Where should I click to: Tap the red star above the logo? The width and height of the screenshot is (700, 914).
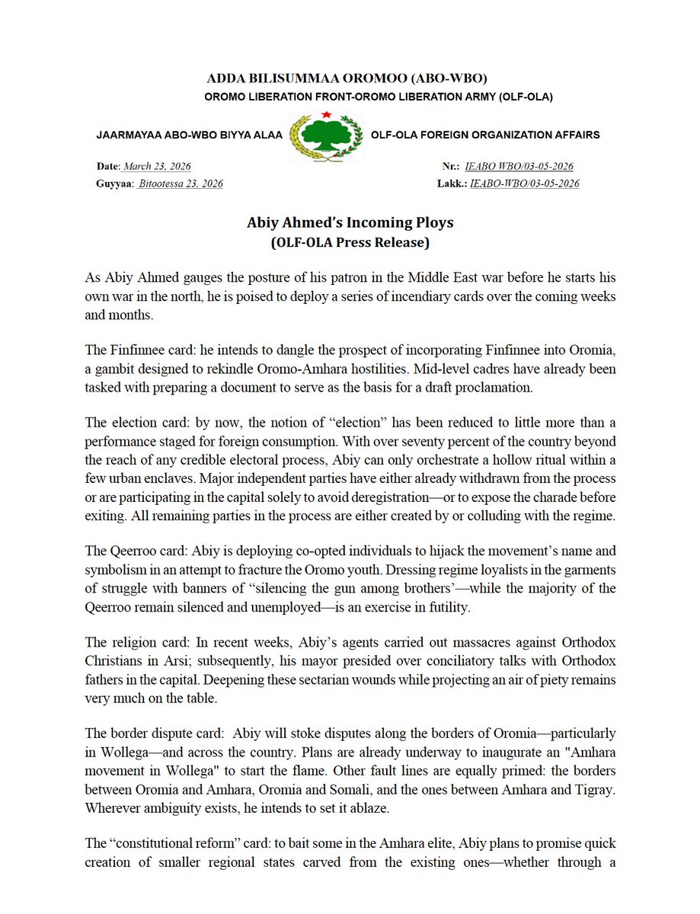tap(326, 114)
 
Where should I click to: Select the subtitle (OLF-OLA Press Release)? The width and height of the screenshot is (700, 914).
tap(350, 244)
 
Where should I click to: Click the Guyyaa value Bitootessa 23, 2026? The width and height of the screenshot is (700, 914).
tap(181, 184)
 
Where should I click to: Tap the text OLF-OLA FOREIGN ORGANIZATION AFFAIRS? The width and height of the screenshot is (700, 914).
tap(485, 135)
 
